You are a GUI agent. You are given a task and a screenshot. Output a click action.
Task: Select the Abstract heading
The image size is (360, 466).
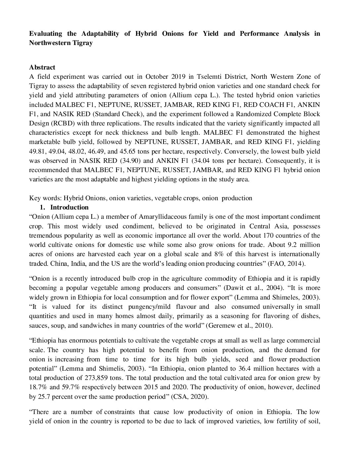[42, 68]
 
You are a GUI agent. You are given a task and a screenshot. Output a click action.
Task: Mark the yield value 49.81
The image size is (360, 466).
[37, 151]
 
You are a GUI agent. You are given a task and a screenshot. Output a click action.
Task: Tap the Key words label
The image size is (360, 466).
[45, 198]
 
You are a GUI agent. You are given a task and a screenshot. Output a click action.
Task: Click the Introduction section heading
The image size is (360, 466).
[69, 208]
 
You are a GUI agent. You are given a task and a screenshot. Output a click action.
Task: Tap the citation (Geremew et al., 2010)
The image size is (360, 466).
[239, 325]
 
